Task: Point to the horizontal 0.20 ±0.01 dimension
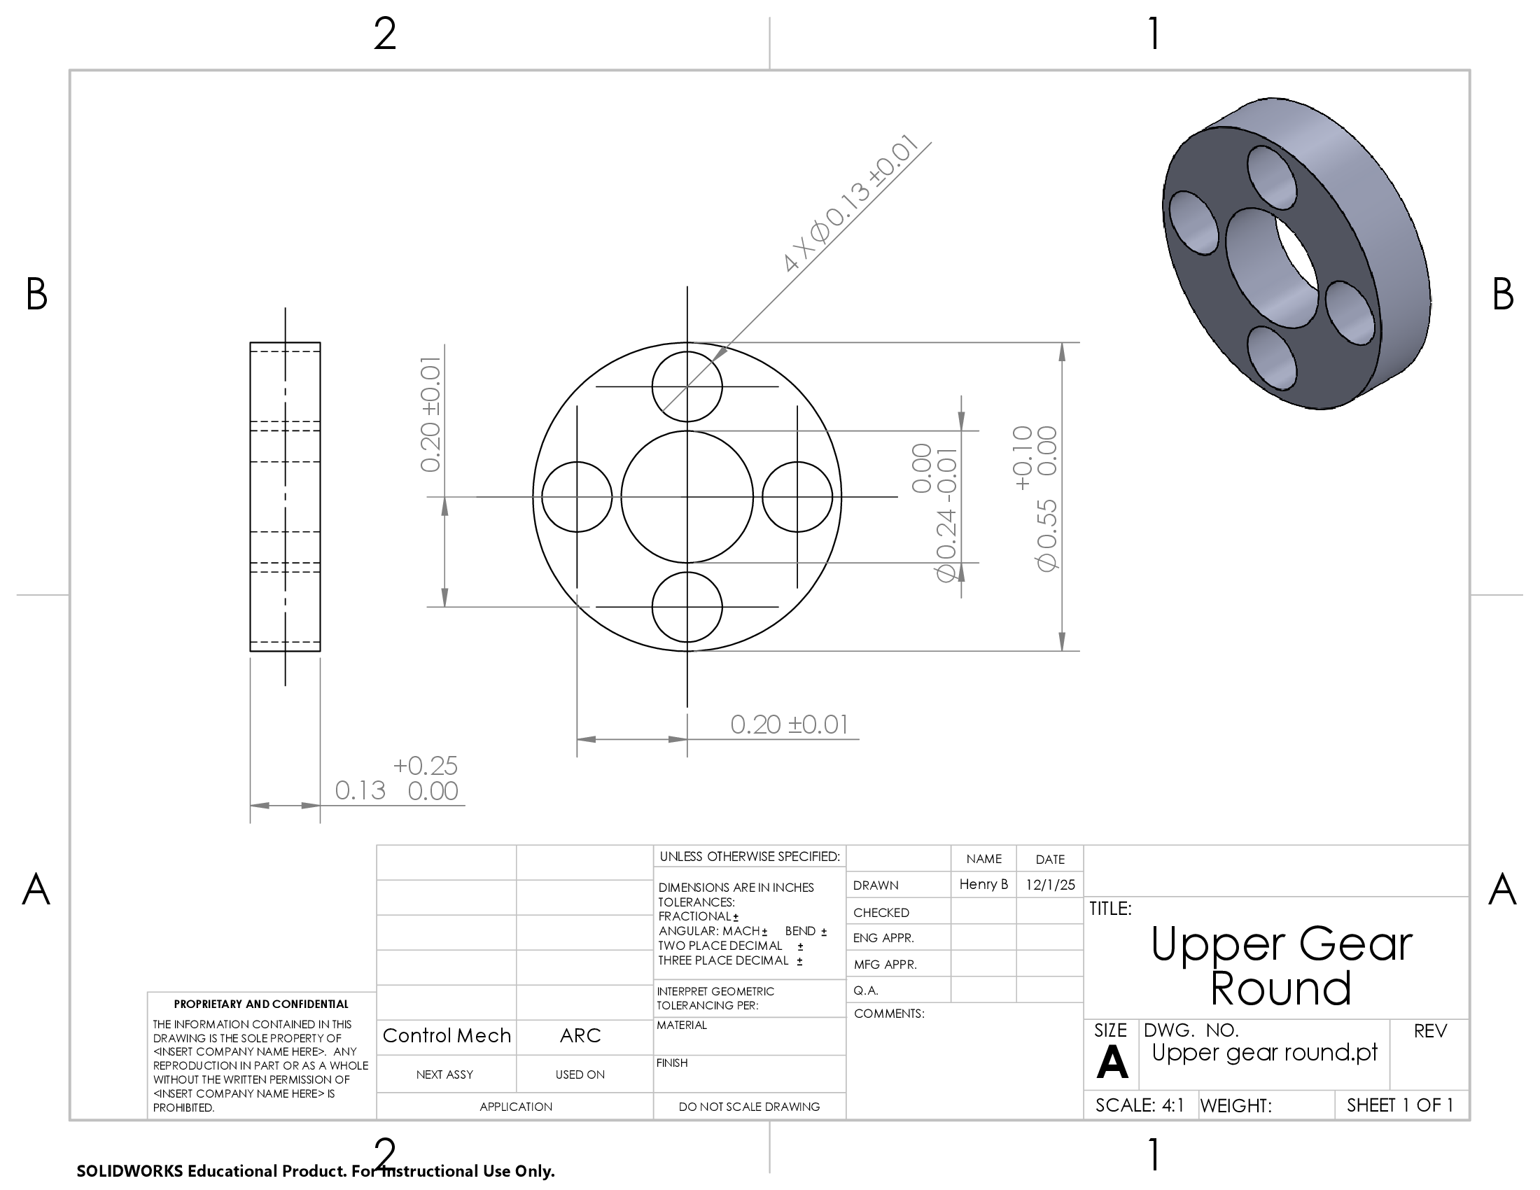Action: click(789, 724)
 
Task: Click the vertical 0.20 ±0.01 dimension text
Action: click(430, 414)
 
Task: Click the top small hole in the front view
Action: click(687, 386)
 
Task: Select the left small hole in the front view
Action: click(577, 497)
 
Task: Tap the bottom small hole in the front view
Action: click(687, 607)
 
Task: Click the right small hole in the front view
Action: click(797, 497)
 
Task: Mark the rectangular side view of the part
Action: click(285, 497)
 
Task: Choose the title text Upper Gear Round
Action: click(1281, 965)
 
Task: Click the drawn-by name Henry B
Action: click(983, 884)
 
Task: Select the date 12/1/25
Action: click(1050, 885)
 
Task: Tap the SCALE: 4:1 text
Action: click(1140, 1105)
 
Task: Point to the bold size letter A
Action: click(1112, 1061)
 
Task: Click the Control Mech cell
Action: click(447, 1035)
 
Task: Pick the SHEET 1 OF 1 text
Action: click(1400, 1105)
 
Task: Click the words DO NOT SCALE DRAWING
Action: click(749, 1107)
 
